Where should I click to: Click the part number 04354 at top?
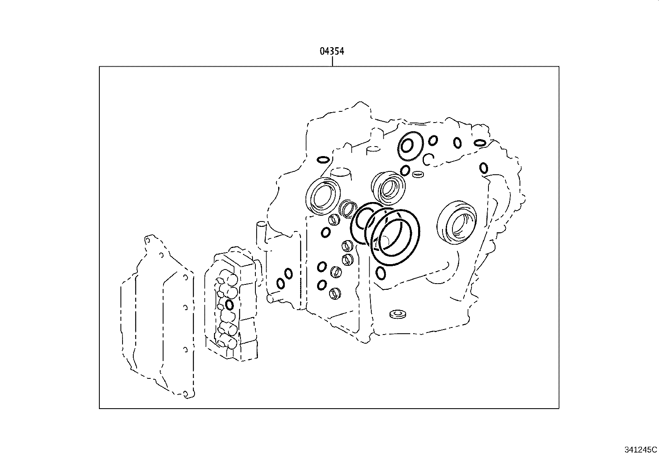pyautogui.click(x=332, y=51)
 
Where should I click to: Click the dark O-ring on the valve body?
pyautogui.click(x=230, y=305)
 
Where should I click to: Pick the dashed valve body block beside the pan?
pyautogui.click(x=232, y=306)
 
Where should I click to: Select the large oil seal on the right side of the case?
pyautogui.click(x=457, y=221)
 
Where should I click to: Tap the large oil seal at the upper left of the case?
pyautogui.click(x=324, y=195)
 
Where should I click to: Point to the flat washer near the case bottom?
pyautogui.click(x=398, y=314)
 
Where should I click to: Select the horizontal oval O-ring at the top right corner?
pyautogui.click(x=480, y=143)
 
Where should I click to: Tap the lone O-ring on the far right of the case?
pyautogui.click(x=483, y=168)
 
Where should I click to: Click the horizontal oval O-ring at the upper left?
pyautogui.click(x=323, y=160)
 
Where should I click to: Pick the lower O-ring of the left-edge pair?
pyautogui.click(x=280, y=284)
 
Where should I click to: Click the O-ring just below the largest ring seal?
pyautogui.click(x=381, y=273)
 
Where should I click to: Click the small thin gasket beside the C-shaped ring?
pyautogui.click(x=418, y=174)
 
